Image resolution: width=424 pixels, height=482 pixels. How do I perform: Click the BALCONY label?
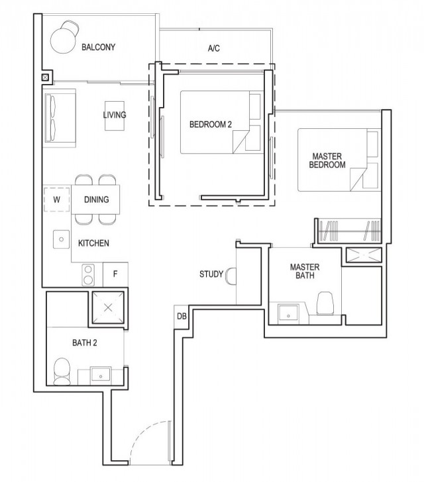pos(99,48)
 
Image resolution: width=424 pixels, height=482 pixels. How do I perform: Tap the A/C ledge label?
pos(213,48)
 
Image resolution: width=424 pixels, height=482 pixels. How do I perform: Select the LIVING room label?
pos(114,115)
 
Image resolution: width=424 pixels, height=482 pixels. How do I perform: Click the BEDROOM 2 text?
pos(210,124)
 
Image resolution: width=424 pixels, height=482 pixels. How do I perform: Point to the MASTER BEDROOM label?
pos(327,161)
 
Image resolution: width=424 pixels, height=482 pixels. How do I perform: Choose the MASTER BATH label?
pos(305,271)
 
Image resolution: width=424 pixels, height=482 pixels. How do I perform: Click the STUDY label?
pos(211,274)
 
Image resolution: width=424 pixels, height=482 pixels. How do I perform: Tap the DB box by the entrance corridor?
pos(181,316)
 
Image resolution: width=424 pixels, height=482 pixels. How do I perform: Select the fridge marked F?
pos(115,273)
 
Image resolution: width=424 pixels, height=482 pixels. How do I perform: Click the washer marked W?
pos(56,199)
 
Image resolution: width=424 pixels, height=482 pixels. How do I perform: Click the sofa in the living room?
pos(59,118)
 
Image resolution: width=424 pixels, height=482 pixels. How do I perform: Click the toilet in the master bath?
pos(325,304)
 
